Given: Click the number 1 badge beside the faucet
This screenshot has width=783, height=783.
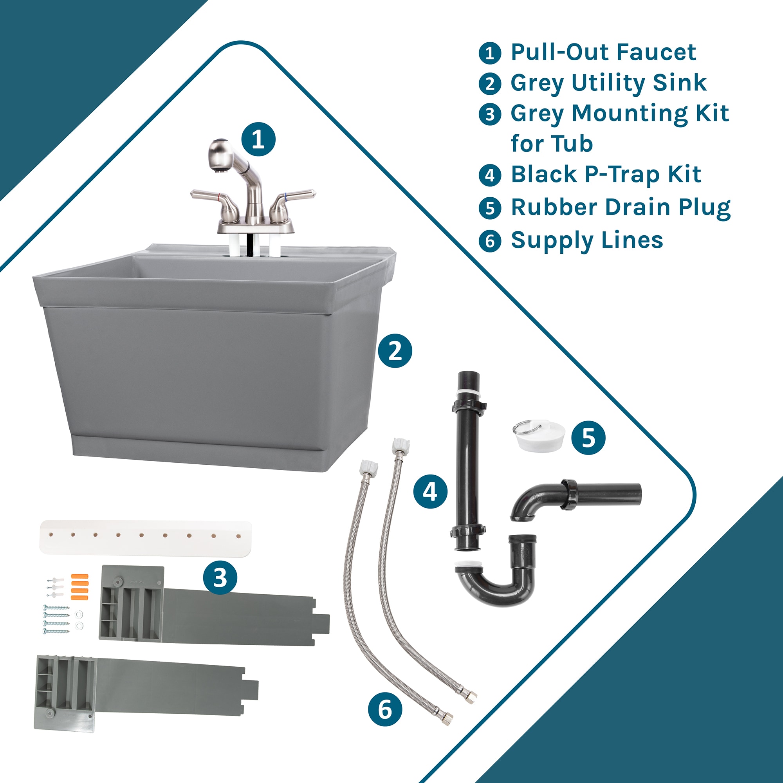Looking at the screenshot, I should pos(258,139).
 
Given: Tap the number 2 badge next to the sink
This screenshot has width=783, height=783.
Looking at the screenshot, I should pos(395,350).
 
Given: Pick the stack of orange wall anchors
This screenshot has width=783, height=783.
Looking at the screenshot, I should pos(79,586).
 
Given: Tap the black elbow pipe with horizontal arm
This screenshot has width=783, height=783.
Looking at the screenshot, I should pos(576,496).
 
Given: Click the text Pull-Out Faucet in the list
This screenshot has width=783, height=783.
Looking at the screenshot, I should pos(603,52).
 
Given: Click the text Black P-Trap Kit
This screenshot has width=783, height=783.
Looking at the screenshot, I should pos(606,174).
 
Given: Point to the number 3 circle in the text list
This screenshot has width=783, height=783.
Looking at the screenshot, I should pos(490,114).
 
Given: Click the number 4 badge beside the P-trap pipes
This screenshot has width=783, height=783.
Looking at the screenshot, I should pos(430,492).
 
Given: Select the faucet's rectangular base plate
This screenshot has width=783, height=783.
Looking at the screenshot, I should pos(255,227).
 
